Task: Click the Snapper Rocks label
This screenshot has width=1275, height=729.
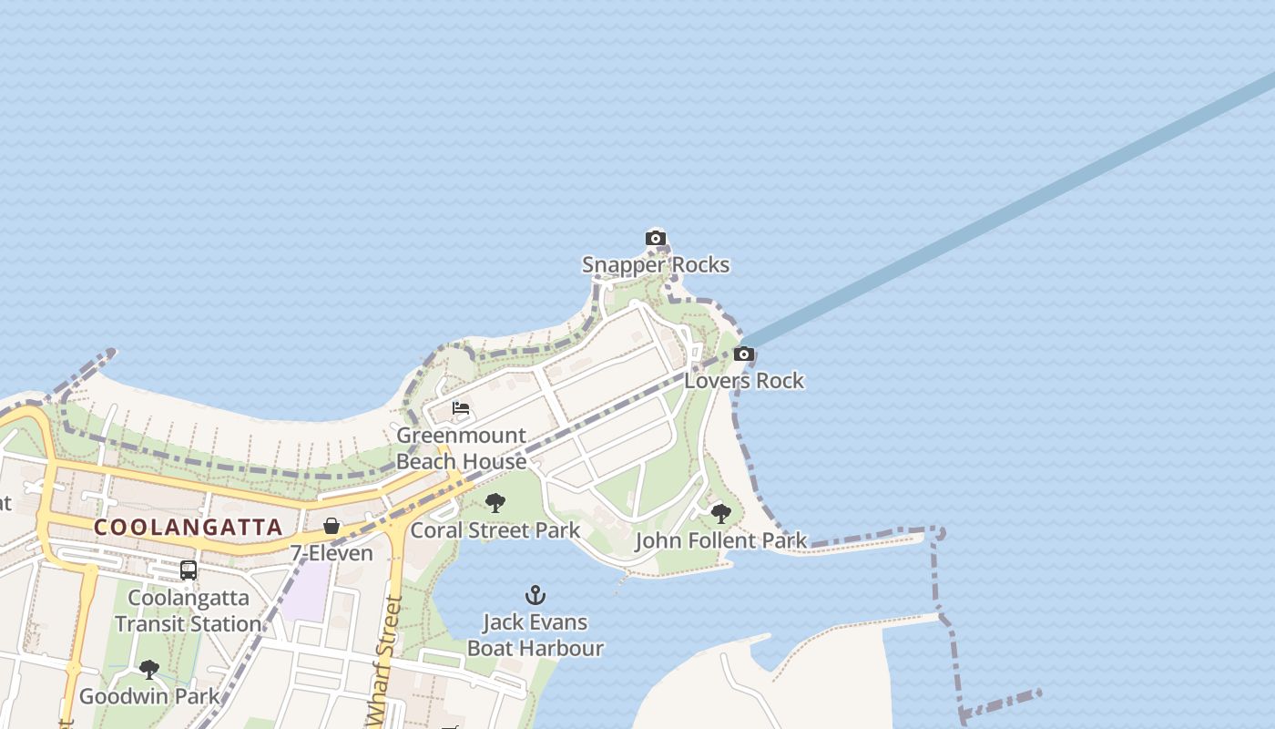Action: pyautogui.click(x=656, y=265)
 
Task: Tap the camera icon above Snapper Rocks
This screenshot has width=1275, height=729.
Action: pyautogui.click(x=655, y=239)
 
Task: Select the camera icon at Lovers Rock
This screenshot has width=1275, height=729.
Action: pyautogui.click(x=744, y=354)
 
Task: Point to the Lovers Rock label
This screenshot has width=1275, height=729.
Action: pyautogui.click(x=744, y=381)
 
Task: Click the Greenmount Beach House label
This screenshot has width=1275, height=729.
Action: pyautogui.click(x=461, y=448)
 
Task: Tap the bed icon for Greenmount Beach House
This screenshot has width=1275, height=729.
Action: pyautogui.click(x=461, y=408)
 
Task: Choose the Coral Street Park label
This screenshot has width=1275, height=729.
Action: pyautogui.click(x=495, y=530)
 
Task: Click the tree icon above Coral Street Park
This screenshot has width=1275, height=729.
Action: pyautogui.click(x=495, y=503)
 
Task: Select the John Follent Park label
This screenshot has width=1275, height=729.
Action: pyautogui.click(x=720, y=541)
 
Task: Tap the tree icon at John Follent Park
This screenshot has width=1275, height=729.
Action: pyautogui.click(x=720, y=514)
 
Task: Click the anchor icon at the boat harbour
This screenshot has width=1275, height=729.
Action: pyautogui.click(x=535, y=596)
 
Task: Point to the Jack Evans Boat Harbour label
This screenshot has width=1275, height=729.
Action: pyautogui.click(x=535, y=635)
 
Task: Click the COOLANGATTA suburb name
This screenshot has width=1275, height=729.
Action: pyautogui.click(x=189, y=528)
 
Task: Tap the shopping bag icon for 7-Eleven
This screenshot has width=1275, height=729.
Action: pyautogui.click(x=331, y=527)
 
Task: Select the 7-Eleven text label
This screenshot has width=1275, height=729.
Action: pyautogui.click(x=331, y=553)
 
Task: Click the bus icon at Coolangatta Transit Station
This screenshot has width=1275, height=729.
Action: pyautogui.click(x=189, y=570)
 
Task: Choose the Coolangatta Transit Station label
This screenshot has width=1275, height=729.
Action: pyautogui.click(x=189, y=611)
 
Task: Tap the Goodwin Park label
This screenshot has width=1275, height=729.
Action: pyautogui.click(x=149, y=697)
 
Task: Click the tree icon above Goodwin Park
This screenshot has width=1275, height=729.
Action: pyautogui.click(x=149, y=671)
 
